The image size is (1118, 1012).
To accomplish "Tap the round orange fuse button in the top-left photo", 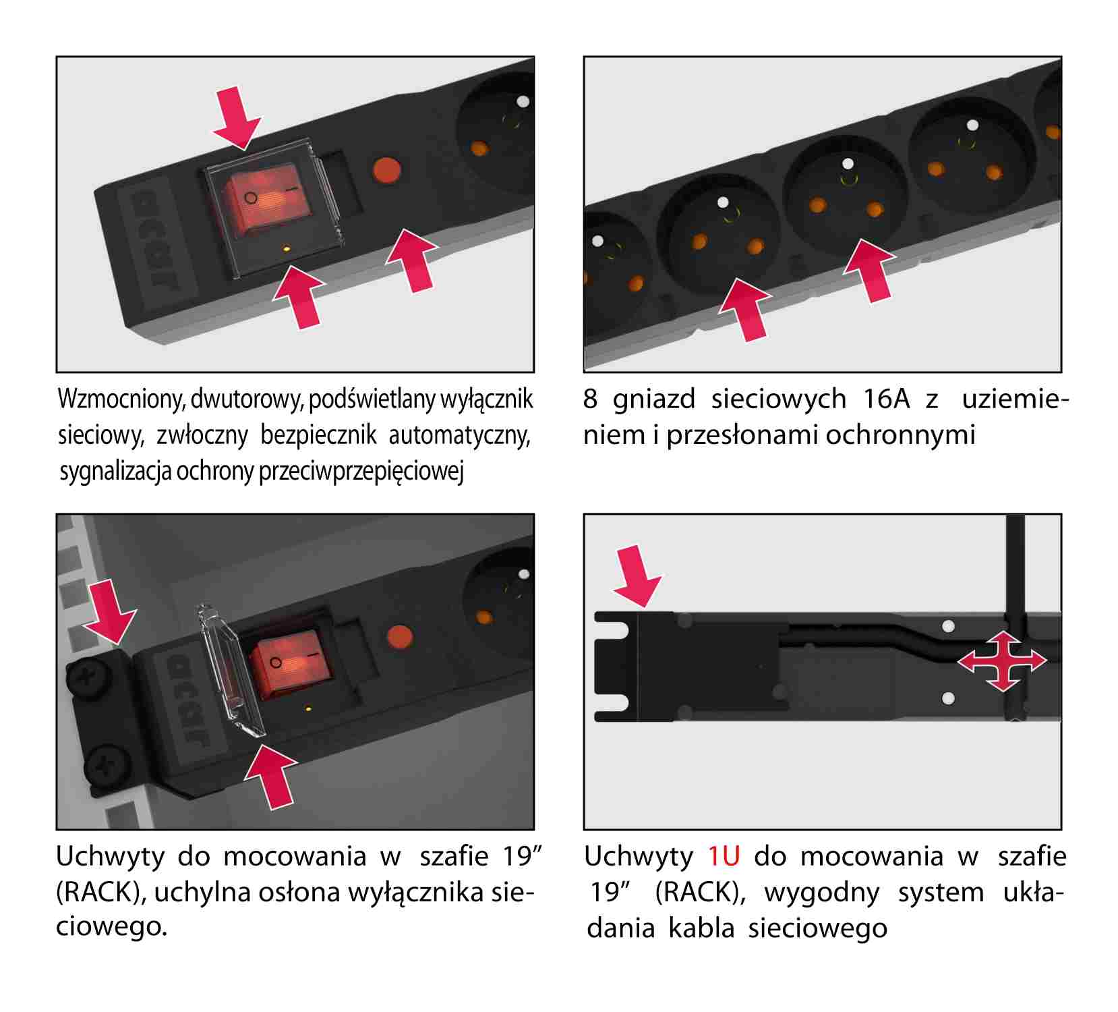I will [x=387, y=170].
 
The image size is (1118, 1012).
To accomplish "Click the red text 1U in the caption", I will [x=724, y=856].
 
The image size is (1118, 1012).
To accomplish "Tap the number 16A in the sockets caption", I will [x=886, y=399].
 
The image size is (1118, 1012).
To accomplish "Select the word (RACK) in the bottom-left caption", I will [x=101, y=892].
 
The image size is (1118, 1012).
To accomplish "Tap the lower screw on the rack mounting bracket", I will [x=108, y=765].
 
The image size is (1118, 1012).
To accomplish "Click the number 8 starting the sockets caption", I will [x=590, y=399].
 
